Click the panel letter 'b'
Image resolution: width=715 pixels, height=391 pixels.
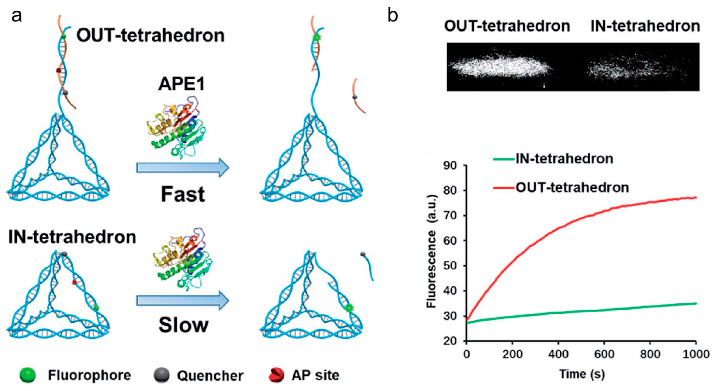[x=393, y=16]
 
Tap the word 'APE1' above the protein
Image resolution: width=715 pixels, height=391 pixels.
[x=182, y=84]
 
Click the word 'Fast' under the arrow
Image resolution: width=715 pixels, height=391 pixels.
[x=183, y=194]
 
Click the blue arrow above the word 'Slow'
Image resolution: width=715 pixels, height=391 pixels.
[x=183, y=300]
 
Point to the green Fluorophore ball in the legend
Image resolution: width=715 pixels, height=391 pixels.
[x=28, y=375]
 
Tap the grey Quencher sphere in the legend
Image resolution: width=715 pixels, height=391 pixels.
[x=161, y=375]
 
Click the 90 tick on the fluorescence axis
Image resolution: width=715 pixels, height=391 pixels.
[x=450, y=166]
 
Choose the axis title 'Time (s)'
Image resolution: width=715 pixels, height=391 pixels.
[x=582, y=374]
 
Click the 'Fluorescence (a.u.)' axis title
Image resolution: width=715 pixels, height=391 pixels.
[x=432, y=251]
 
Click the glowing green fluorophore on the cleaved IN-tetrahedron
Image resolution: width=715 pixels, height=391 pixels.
[x=349, y=307]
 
